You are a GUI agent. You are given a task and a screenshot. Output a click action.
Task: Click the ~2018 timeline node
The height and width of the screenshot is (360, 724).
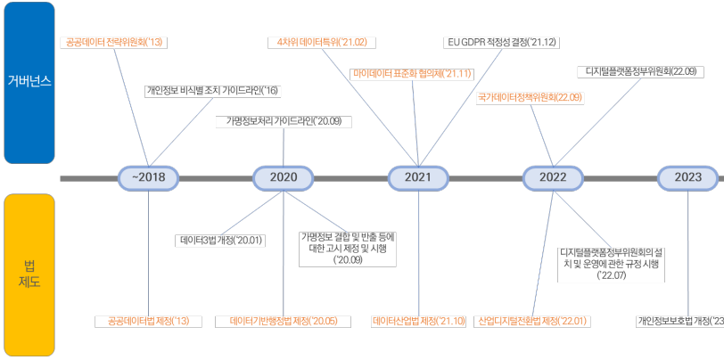click(149, 177)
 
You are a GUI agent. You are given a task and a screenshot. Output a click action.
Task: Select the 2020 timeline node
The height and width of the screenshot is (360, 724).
click(284, 177)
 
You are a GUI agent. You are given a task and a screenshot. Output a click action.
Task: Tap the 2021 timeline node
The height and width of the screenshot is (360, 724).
click(418, 177)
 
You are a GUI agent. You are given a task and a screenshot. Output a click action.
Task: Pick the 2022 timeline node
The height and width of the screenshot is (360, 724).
click(553, 177)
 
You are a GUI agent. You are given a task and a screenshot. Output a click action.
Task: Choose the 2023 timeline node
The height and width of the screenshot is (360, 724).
click(687, 177)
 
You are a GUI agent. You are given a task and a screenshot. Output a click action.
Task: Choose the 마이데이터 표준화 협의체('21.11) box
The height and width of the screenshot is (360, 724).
click(413, 72)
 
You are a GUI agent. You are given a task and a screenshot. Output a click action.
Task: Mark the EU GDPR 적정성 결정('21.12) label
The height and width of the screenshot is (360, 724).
click(500, 42)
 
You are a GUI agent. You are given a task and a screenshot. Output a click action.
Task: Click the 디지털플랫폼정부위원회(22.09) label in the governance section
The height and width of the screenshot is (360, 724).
click(641, 71)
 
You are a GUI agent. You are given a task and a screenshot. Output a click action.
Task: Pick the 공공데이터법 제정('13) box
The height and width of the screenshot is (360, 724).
click(149, 321)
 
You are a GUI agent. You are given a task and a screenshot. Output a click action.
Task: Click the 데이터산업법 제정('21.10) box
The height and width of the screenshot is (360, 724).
click(419, 321)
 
